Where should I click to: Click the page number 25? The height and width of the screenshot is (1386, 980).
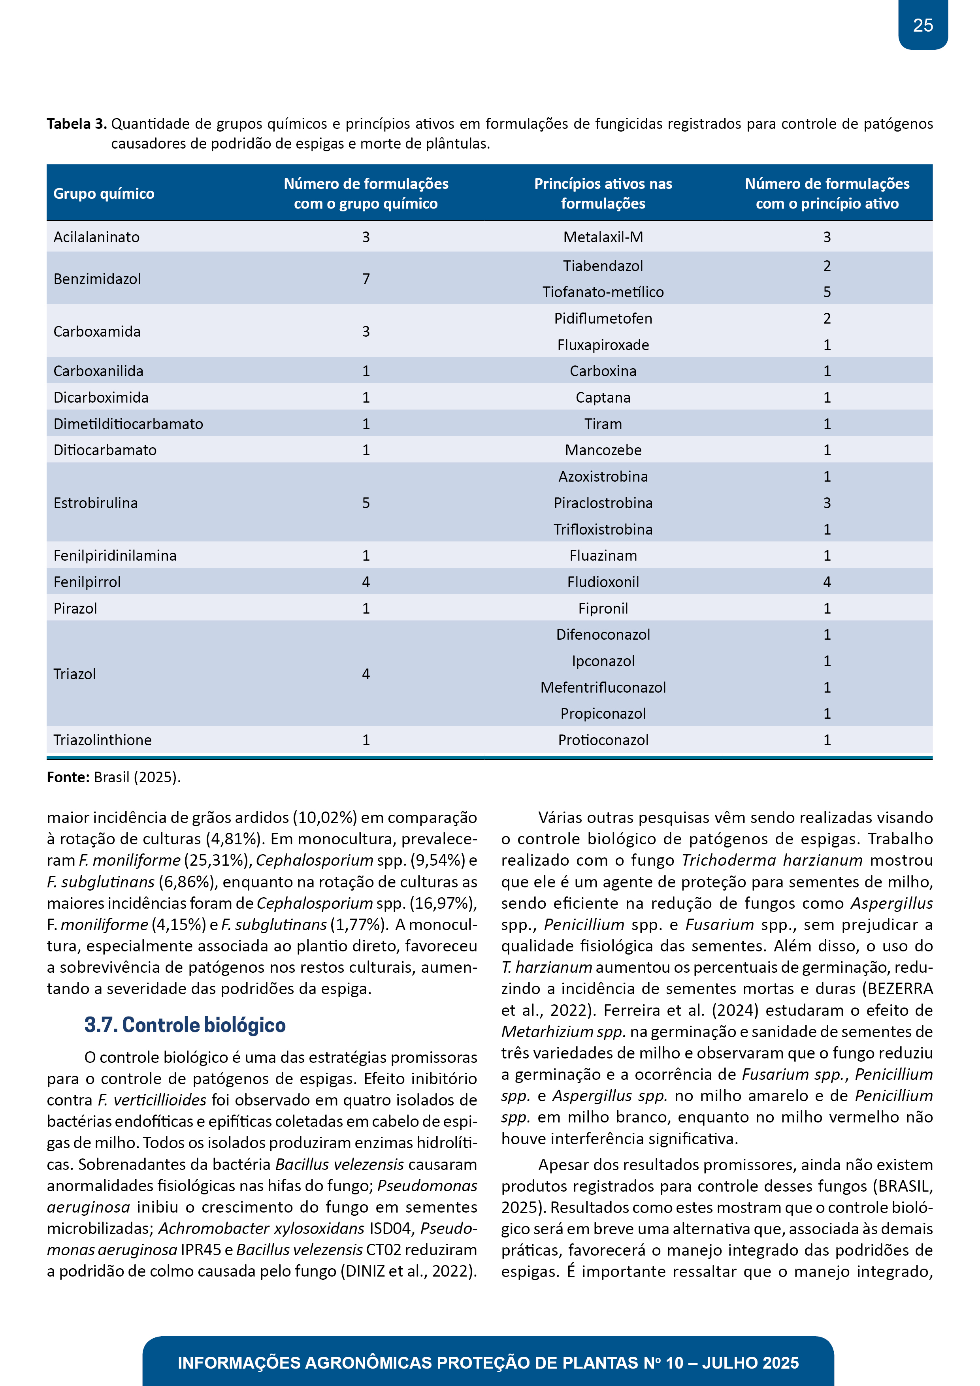[923, 25]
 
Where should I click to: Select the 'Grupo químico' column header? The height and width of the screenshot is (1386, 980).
[104, 194]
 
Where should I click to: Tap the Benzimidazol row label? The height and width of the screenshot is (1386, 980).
[97, 279]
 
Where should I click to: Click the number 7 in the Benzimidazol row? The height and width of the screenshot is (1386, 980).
[366, 279]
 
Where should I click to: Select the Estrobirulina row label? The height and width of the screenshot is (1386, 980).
[95, 503]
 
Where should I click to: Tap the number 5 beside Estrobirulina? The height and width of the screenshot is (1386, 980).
[366, 503]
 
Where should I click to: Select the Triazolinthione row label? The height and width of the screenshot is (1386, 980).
[103, 740]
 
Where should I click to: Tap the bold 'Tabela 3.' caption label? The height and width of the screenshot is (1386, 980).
[77, 124]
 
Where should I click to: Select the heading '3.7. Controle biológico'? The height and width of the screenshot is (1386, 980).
[185, 1025]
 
